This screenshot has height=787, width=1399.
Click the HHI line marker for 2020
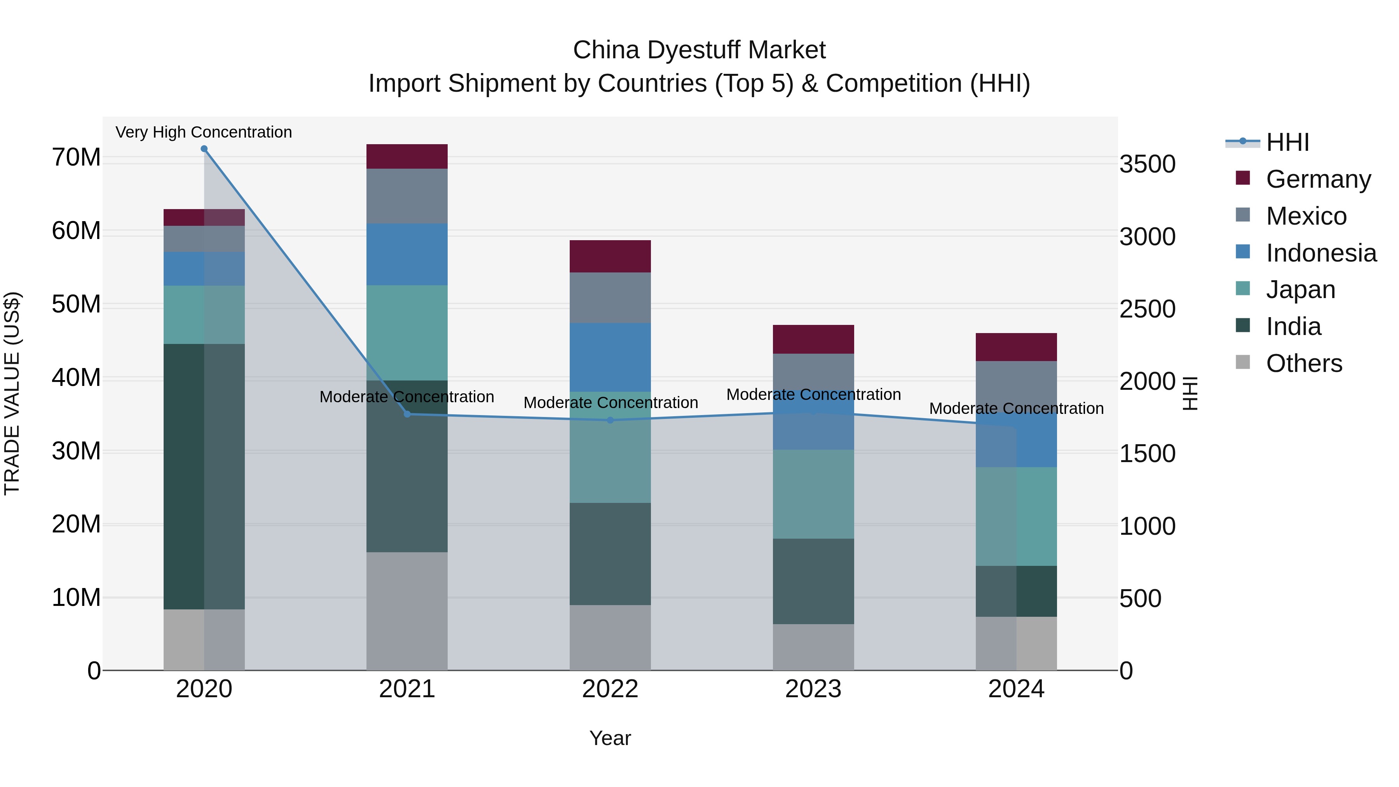204,149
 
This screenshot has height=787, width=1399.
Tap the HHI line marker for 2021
407,414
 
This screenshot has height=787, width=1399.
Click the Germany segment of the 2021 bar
407,156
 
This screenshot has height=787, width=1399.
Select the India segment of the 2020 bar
185,476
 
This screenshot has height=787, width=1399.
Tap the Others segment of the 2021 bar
407,611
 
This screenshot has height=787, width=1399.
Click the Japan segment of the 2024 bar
1016,516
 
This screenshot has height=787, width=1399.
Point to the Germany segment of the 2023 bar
813,339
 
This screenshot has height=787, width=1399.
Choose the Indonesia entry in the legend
1321,253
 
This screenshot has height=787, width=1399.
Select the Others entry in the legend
1303,363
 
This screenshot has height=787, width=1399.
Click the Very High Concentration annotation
204,132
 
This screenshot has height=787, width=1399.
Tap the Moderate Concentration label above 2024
1016,408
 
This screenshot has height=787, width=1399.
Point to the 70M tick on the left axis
76,157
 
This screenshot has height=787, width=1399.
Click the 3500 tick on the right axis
1147,164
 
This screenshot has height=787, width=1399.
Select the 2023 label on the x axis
813,689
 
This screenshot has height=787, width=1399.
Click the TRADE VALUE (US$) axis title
12,393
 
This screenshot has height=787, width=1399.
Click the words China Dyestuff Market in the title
699,50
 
